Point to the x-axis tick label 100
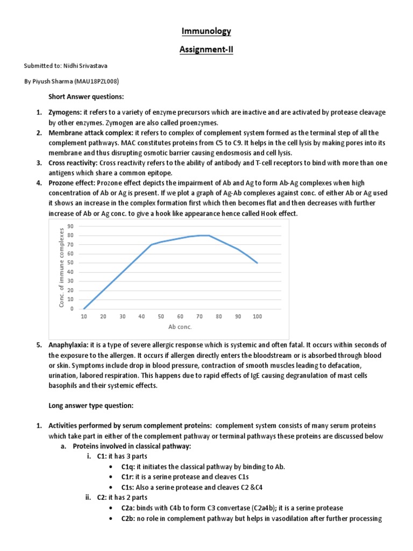coord(258,316)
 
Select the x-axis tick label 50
coord(161,316)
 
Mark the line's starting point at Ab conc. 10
coord(84,308)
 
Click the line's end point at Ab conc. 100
coord(258,263)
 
